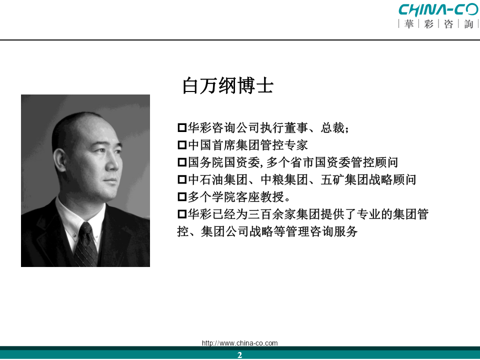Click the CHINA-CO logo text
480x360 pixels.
coord(439,9)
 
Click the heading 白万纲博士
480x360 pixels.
coord(228,85)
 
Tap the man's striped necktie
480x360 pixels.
coord(86,245)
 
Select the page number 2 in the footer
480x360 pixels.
coord(239,355)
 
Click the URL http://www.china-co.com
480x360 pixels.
coord(239,343)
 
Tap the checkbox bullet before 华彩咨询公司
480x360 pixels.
coord(182,127)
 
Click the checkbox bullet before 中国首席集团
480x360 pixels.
coord(182,145)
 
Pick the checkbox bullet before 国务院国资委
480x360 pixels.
coord(182,162)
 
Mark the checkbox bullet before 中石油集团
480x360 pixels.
coord(182,179)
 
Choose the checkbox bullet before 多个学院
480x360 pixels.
coord(182,196)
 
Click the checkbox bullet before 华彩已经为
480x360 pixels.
coord(182,214)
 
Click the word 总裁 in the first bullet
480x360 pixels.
coord(332,127)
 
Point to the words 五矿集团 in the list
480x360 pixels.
coord(344,179)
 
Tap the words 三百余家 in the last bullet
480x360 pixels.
coord(272,214)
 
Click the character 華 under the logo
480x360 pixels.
coord(409,24)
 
